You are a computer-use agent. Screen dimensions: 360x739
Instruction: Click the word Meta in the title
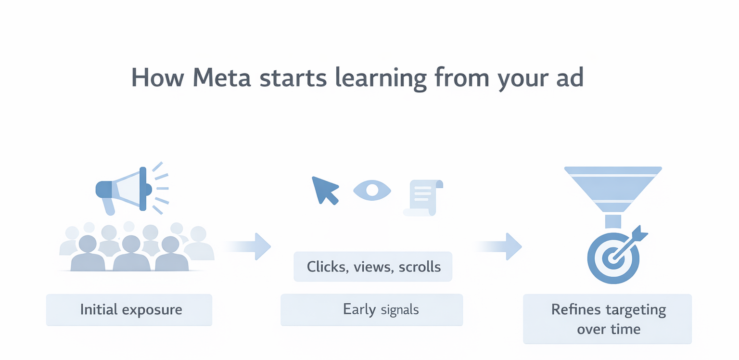[x=221, y=77]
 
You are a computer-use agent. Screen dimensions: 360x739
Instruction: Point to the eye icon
[x=372, y=190]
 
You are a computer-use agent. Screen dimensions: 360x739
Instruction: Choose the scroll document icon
[x=423, y=197]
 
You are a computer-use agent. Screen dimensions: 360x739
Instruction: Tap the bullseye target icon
[x=613, y=257]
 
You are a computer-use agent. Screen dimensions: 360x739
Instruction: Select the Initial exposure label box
[x=129, y=309]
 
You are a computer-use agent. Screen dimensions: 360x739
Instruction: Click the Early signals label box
[x=371, y=309]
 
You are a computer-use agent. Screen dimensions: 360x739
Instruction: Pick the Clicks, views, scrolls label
[x=373, y=267]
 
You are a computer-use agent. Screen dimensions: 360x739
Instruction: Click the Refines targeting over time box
[x=607, y=319]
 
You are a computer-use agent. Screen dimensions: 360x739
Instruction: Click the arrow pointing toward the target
[x=500, y=246]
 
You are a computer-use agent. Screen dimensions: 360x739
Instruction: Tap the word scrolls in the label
[x=420, y=267]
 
